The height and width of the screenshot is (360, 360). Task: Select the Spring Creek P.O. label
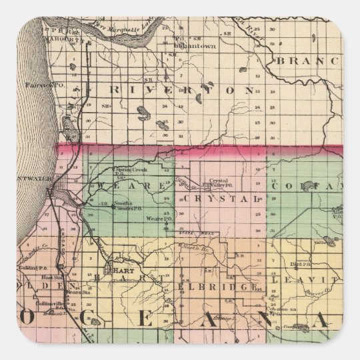click(x=127, y=171)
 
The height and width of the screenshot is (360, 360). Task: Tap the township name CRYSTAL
click(x=225, y=199)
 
